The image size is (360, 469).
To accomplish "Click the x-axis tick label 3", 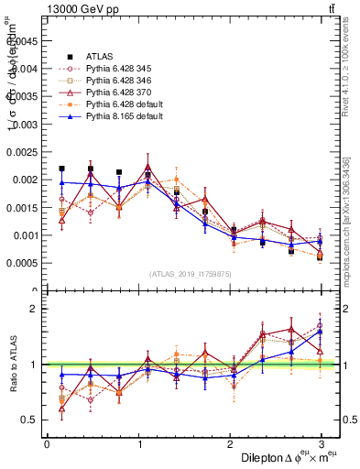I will pos(322,443).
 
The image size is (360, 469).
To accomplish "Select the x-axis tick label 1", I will pos(138,443).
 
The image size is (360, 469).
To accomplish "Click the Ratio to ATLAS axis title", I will pos(12,365).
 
